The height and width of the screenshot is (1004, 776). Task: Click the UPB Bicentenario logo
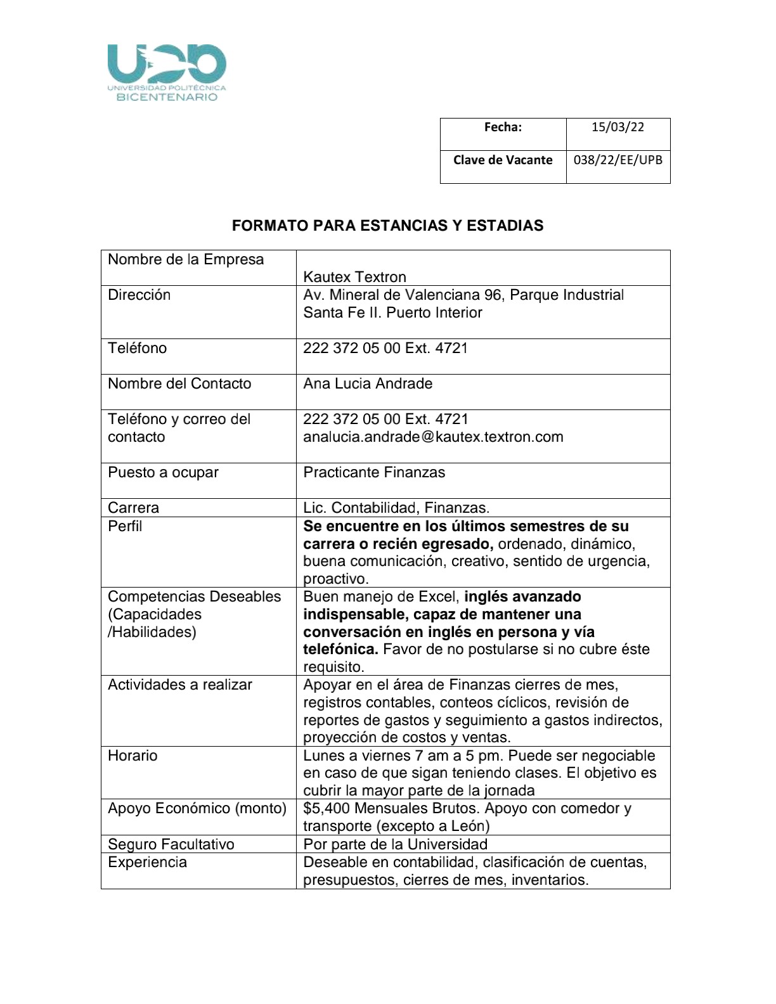point(167,72)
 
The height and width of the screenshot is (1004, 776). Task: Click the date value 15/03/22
point(618,127)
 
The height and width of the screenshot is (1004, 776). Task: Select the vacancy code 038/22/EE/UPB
point(618,160)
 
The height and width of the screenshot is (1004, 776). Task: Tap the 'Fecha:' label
point(503,127)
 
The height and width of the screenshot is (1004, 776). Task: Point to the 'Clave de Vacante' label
point(503,160)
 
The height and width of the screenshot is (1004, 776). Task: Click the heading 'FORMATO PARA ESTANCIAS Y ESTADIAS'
point(387,226)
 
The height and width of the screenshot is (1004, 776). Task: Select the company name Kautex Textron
point(354,277)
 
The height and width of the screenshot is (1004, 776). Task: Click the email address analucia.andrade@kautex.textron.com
point(433,437)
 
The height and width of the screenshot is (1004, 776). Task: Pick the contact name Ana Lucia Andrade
point(368,383)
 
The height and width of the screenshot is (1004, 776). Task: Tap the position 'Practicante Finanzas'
point(374,472)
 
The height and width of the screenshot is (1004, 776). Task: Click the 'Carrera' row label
point(133,508)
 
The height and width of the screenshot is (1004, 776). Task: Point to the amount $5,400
point(327,808)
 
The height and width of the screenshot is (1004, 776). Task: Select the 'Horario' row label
point(133,756)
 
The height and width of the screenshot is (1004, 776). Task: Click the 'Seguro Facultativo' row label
point(171,844)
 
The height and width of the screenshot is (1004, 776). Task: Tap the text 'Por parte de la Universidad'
point(395,844)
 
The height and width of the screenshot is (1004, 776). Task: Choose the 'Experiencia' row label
point(147,862)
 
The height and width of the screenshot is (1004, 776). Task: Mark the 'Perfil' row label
point(125,526)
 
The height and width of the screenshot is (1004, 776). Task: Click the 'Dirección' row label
point(139,295)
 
